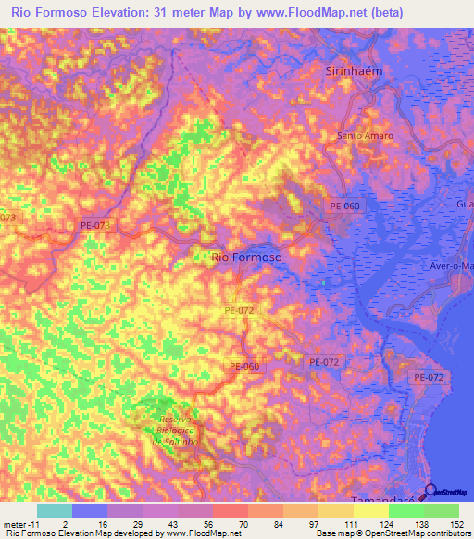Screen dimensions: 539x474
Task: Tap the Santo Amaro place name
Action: click(x=365, y=136)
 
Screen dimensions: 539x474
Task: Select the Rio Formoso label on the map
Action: click(x=246, y=257)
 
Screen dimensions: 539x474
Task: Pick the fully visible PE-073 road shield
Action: click(x=95, y=225)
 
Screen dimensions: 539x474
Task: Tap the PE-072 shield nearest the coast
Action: click(x=429, y=377)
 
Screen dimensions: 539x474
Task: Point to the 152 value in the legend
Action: click(x=457, y=523)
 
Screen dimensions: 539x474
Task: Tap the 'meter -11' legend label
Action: click(x=19, y=523)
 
